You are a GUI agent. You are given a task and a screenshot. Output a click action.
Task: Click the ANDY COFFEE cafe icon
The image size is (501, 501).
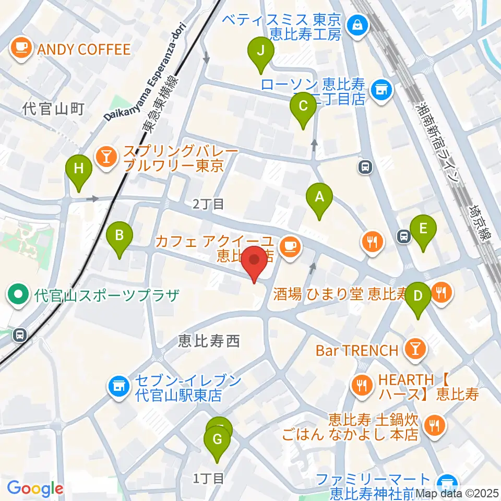coord(21,49)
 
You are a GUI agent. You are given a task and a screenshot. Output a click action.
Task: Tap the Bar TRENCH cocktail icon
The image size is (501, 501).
coord(416,350)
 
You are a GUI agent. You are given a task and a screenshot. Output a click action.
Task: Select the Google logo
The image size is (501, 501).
coord(35,489)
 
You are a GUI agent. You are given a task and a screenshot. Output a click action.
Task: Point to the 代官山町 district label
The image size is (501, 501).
coord(53,109)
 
